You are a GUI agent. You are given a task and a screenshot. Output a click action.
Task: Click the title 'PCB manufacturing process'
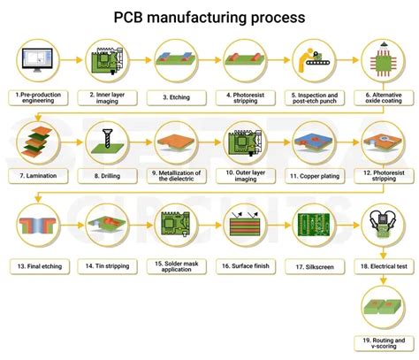click(209, 17)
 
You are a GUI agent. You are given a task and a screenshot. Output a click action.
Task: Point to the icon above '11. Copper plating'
click(313, 142)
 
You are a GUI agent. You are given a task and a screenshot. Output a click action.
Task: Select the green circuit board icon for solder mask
click(174, 225)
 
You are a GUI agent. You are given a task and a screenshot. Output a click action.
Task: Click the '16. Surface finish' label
click(243, 264)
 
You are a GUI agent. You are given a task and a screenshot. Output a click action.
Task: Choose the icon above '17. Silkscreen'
click(313, 225)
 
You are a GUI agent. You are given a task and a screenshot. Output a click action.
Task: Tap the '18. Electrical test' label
click(382, 264)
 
